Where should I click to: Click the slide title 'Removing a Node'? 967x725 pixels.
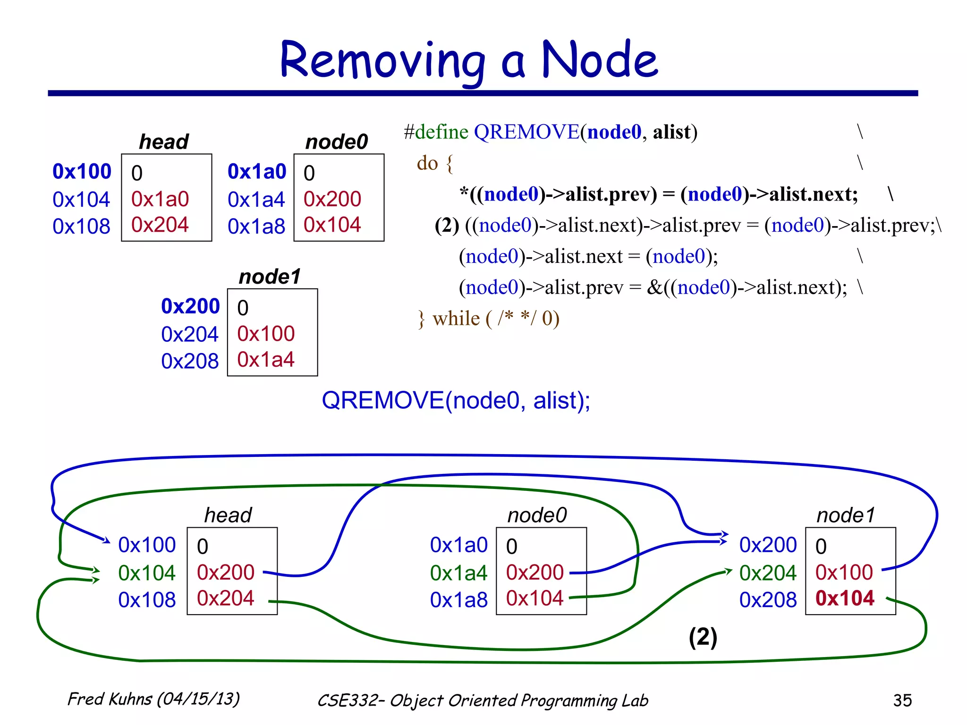coord(468,60)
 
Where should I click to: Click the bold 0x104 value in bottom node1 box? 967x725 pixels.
coord(845,598)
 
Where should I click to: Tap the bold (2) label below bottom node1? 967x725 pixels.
coord(703,637)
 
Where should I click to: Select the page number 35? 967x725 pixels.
coord(902,700)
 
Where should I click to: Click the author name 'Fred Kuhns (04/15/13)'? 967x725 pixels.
coord(153,699)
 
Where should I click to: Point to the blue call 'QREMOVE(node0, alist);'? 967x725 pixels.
coord(456,400)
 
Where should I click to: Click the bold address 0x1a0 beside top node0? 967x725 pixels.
coord(257,171)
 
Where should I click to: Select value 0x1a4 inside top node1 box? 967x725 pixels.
coord(266,360)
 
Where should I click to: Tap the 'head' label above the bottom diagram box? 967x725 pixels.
coord(228,515)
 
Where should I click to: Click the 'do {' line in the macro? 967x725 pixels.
coord(434,163)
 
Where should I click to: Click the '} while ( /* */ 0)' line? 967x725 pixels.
coord(489,319)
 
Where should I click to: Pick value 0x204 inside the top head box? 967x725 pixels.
coord(160,225)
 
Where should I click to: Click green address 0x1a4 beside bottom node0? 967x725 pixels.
coord(458,573)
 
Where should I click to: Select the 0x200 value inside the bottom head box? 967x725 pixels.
coord(226,573)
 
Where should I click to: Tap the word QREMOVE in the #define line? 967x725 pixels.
coord(526,132)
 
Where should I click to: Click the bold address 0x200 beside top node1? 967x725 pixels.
coord(190,306)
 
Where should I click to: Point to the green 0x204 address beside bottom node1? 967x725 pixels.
coord(768,573)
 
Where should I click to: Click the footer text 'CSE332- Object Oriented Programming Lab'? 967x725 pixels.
coord(483,700)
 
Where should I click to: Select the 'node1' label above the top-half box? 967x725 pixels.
coord(270,277)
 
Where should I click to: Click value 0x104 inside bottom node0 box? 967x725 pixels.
coord(534,598)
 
